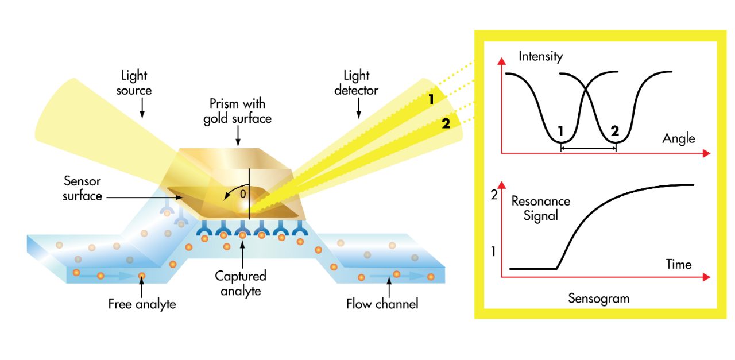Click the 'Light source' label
click(x=136, y=83)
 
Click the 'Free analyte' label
click(x=142, y=304)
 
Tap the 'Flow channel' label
click(x=382, y=304)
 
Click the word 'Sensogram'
click(x=598, y=299)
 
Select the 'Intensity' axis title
click(x=540, y=56)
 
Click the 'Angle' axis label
click(x=678, y=138)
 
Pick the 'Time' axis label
click(x=678, y=264)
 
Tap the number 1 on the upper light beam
click(x=431, y=99)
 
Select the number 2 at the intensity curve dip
click(x=615, y=130)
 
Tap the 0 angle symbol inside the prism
click(x=243, y=194)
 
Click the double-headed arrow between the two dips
click(x=588, y=148)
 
